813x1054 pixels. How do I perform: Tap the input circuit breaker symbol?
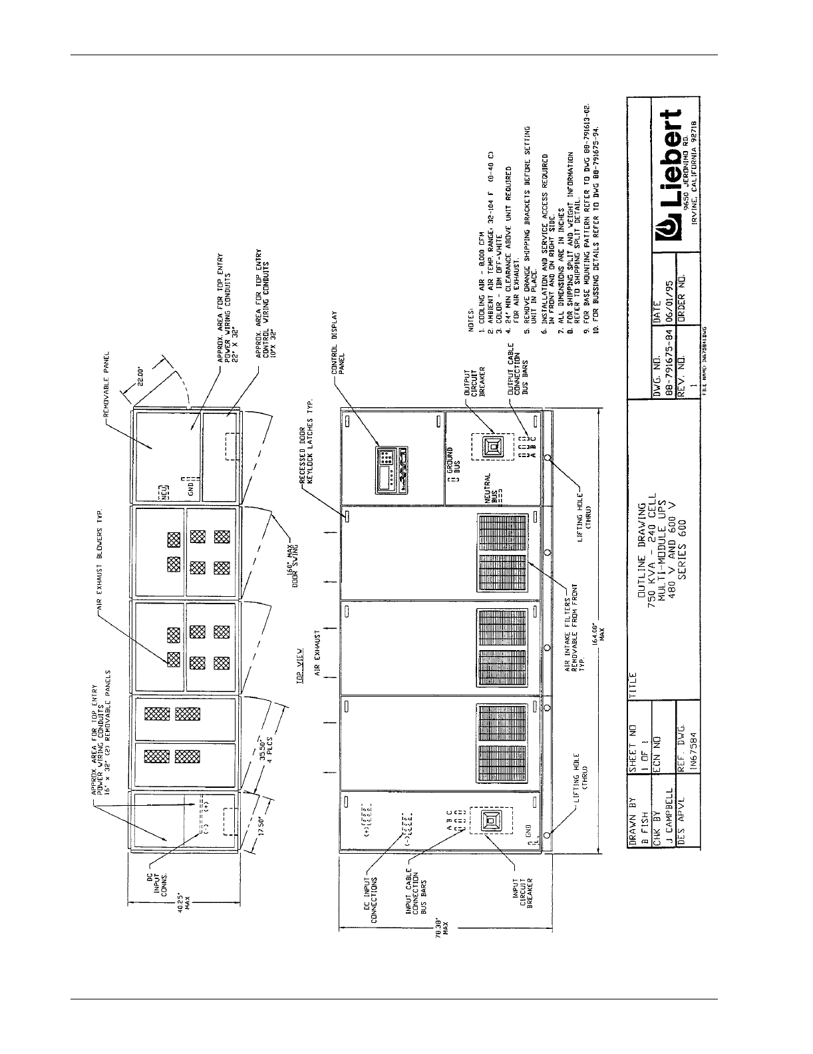[x=490, y=821]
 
